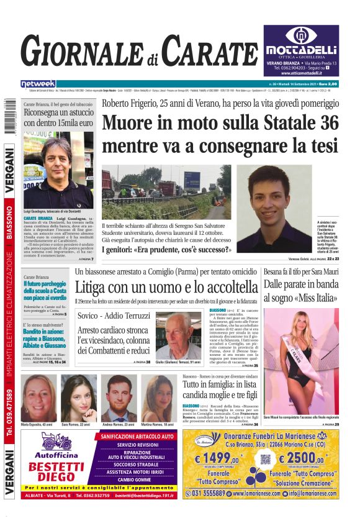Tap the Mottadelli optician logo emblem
coord(300,35)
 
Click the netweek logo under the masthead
coord(38,83)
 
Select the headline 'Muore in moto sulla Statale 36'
coord(220,123)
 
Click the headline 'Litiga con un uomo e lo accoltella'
coord(166,287)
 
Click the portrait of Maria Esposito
coord(38,399)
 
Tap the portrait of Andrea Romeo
coord(119,399)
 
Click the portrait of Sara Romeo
coord(79,399)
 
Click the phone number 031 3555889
coord(209,493)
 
